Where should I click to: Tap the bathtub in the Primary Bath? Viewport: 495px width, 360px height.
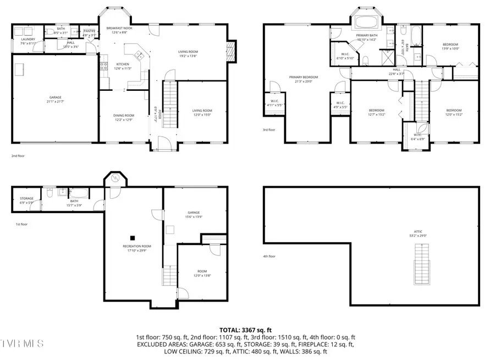pyautogui.click(x=366, y=23)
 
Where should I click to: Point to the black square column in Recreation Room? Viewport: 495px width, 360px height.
pyautogui.click(x=132, y=238)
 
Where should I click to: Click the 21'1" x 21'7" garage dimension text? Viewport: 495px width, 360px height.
pyautogui.click(x=55, y=102)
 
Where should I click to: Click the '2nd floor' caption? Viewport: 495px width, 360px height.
pyautogui.click(x=19, y=156)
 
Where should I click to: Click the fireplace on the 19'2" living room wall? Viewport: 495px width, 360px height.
pyautogui.click(x=231, y=52)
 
